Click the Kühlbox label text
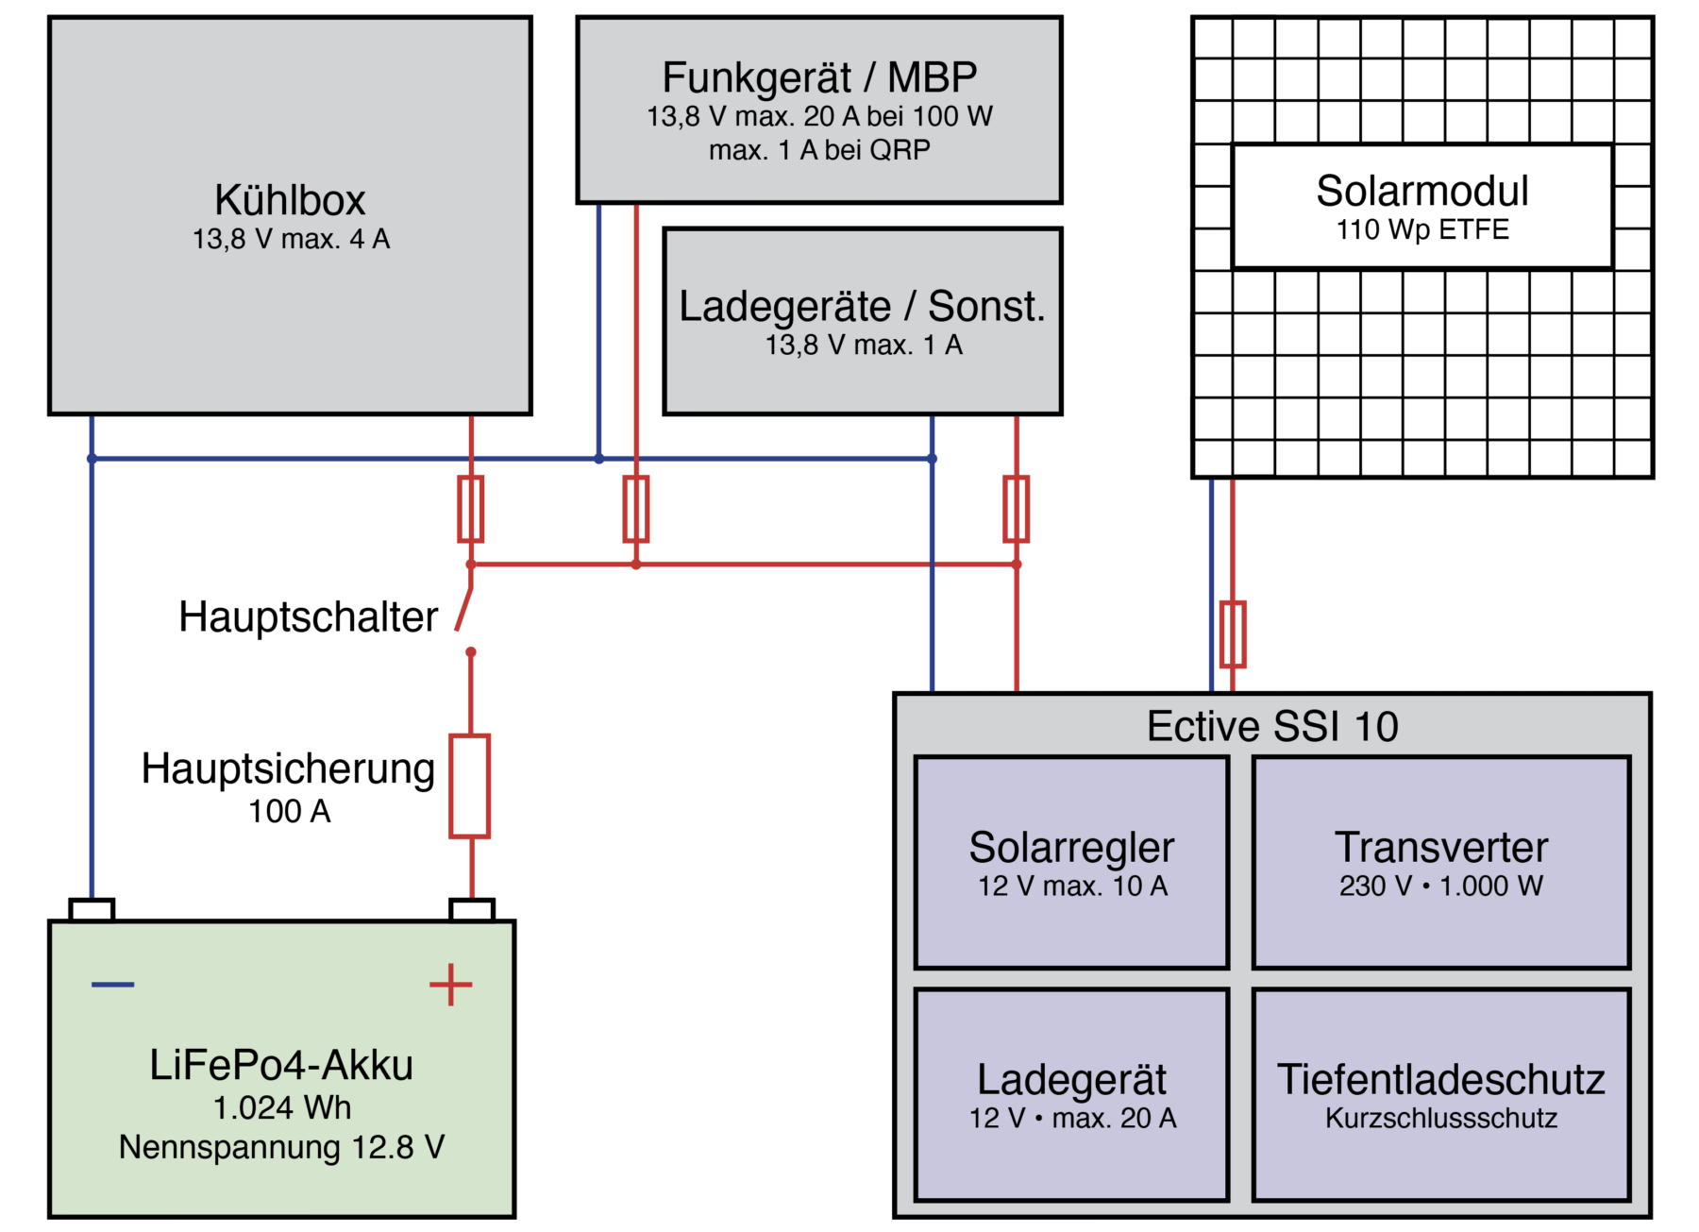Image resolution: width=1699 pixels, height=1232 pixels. click(x=290, y=200)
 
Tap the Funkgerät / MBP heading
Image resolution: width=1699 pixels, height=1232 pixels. click(x=818, y=77)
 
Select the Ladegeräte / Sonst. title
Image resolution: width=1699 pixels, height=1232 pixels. click(x=862, y=307)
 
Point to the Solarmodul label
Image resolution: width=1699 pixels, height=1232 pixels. click(x=1421, y=192)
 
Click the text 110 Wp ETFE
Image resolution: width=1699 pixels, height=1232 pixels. click(x=1421, y=229)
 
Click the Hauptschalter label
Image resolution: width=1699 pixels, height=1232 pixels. click(x=308, y=617)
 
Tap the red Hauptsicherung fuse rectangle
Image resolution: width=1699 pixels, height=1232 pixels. click(x=469, y=785)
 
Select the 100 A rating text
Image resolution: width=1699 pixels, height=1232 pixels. click(x=289, y=811)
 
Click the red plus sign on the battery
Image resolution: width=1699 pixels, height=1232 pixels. click(x=450, y=985)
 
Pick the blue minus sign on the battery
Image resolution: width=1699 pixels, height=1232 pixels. click(x=112, y=985)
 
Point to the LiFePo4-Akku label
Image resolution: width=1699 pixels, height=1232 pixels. click(x=281, y=1065)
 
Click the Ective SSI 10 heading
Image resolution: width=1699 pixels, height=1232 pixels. click(x=1271, y=727)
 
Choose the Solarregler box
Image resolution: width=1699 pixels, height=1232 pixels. click(x=1071, y=862)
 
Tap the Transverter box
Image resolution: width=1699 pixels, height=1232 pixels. click(x=1440, y=862)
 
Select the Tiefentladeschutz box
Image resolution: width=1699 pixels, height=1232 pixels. click(x=1440, y=1094)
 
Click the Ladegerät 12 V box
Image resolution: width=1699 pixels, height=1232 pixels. click(x=1071, y=1094)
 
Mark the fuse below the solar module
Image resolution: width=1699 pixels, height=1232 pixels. click(x=1232, y=633)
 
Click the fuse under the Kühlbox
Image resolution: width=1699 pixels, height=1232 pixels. click(x=470, y=509)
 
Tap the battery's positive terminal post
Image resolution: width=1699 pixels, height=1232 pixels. click(x=471, y=910)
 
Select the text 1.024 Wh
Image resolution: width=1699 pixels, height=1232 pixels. click(x=281, y=1107)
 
